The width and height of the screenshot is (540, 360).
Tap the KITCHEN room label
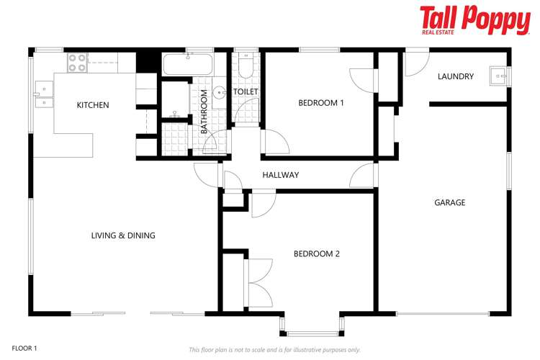click(93, 105)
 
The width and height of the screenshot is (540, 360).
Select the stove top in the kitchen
click(77, 63)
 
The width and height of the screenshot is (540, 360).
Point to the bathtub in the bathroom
click(187, 65)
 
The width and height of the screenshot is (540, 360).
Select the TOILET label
click(246, 92)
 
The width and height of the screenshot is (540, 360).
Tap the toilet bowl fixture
click(246, 68)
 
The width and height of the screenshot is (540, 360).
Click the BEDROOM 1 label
click(321, 103)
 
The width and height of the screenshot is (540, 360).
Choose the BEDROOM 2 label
click(316, 253)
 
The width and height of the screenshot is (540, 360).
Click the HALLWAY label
click(280, 175)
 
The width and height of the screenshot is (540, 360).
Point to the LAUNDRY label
click(455, 76)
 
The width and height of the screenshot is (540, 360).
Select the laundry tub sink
click(497, 74)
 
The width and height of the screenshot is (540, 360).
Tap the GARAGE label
click(449, 203)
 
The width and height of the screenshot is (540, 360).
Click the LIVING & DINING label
click(123, 235)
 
